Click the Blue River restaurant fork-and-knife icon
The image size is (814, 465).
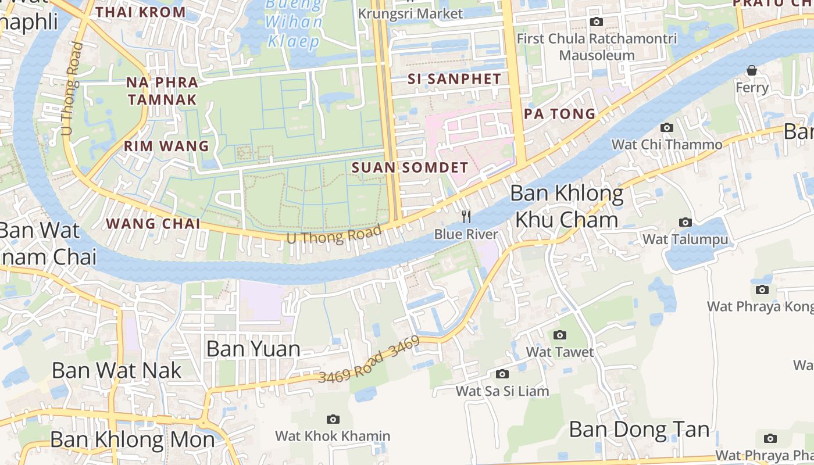pos(466,217)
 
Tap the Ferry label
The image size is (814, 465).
pos(752,88)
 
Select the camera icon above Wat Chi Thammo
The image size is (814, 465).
pos(666,128)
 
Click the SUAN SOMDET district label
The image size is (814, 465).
pos(410,167)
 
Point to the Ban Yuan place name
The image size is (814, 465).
pos(254,349)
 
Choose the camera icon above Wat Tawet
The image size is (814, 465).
pos(560,335)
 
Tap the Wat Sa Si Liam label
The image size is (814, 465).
pos(502,391)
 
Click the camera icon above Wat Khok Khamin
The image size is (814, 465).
pos(333,419)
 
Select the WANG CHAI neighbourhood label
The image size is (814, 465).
pos(153,223)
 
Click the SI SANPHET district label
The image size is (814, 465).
pos(454,79)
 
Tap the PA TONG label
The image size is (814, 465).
pos(560,113)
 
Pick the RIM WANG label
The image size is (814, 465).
pos(166,146)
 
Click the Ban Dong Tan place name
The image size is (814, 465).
pos(639,430)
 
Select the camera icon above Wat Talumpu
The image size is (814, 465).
pos(686,222)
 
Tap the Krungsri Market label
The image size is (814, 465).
pos(410,13)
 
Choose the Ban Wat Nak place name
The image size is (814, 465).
pos(117,370)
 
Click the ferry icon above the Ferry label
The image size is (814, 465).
pos(752,71)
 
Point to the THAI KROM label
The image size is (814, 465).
pos(141,12)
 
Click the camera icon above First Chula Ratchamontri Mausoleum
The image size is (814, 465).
pos(596,22)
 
